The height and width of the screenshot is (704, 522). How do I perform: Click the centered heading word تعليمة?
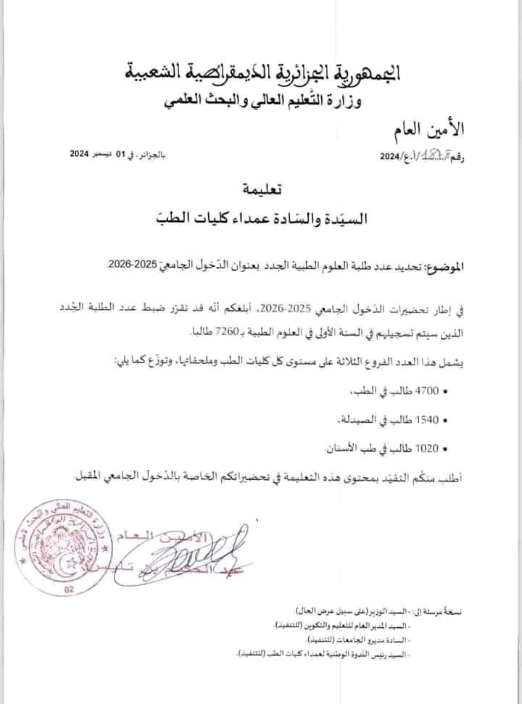tap(260, 190)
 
